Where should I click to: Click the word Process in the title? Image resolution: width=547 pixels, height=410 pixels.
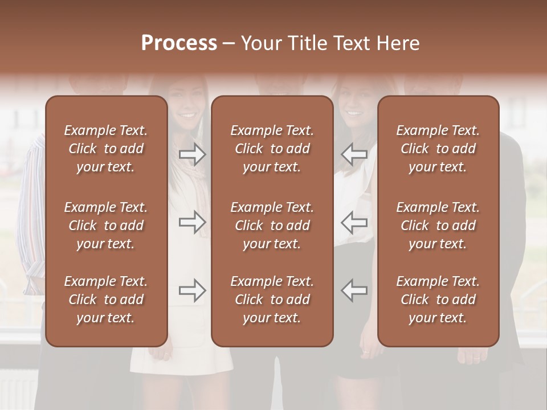point(179,43)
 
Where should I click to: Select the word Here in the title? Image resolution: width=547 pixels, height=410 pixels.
point(398,43)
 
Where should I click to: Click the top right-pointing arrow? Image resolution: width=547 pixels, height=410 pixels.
point(193,154)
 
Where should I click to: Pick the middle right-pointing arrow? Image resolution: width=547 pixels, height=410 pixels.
point(193,222)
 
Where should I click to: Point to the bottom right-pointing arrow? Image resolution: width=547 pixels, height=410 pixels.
point(193,290)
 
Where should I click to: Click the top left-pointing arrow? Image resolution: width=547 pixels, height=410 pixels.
point(354,154)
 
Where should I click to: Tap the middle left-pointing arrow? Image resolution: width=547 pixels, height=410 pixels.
point(354,222)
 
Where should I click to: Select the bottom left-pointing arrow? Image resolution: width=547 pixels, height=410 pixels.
point(354,290)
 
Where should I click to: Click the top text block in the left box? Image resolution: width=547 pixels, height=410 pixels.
point(106,149)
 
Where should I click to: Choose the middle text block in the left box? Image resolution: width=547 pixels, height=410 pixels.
point(106,225)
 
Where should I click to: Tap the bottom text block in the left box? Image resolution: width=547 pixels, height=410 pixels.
point(106,300)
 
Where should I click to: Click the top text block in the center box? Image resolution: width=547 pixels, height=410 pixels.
point(272,149)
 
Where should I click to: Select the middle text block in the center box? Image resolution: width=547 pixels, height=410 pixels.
point(272,225)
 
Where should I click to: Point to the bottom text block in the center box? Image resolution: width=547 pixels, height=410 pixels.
point(272,300)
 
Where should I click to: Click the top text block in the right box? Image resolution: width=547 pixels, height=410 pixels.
point(438,149)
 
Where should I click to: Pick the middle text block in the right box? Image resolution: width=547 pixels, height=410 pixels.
point(438,225)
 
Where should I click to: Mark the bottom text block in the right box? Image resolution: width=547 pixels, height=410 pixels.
point(438,300)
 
